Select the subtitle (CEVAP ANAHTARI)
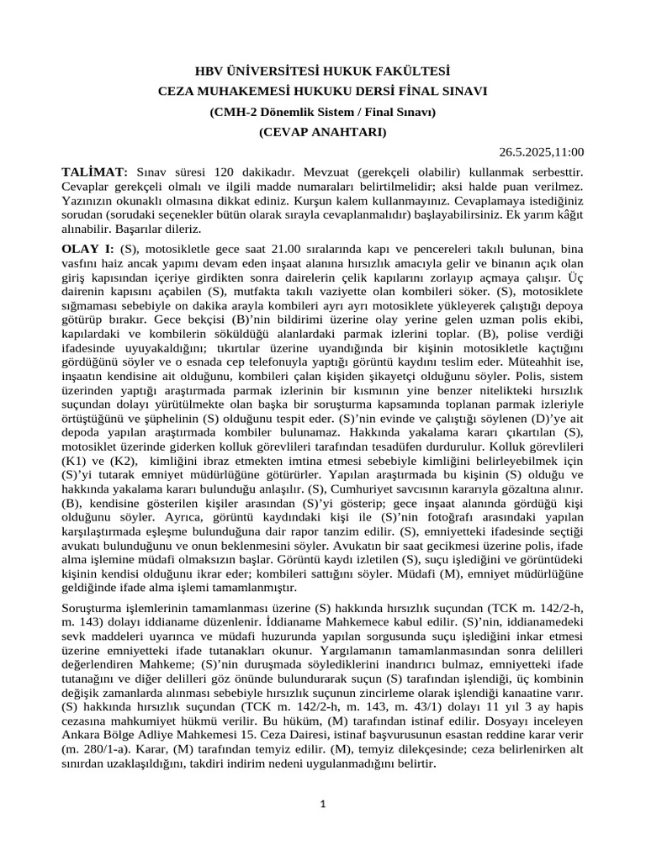click(x=323, y=132)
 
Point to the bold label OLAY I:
click(x=88, y=250)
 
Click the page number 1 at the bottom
click(x=323, y=806)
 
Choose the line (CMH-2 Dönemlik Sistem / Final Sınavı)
click(x=323, y=112)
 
